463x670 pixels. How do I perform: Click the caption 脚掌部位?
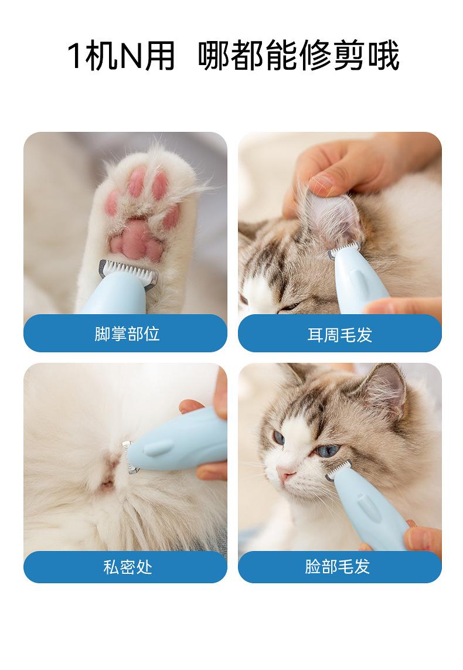point(127,334)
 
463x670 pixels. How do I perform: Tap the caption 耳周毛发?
point(339,335)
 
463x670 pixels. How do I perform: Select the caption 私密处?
point(128,567)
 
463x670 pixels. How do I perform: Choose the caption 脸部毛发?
point(338,566)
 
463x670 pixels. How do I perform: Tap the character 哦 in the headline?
point(384,56)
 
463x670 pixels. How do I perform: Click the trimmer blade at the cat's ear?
point(344,249)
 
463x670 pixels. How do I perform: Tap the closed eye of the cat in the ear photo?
point(291,307)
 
